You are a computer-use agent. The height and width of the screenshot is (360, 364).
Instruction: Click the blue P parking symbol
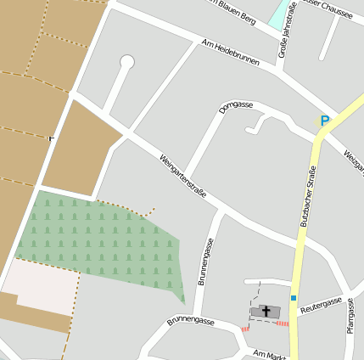pos(323,121)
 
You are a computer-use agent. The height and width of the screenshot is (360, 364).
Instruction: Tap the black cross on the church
pos(266,311)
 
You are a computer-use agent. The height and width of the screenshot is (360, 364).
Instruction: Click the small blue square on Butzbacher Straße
pos(294,298)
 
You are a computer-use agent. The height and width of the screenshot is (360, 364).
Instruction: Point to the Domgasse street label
pos(236,107)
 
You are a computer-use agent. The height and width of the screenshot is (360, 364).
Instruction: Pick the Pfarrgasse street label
pos(350,315)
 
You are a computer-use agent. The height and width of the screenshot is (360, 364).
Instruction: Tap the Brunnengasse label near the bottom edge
pos(190,320)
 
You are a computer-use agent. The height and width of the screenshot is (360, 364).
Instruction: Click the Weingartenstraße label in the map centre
pos(182,175)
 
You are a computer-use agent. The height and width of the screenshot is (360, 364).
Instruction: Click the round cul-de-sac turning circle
pos(127,61)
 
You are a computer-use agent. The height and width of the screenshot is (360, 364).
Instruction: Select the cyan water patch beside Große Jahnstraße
pos(277,14)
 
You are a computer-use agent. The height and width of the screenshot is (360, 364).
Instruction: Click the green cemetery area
pos(102,242)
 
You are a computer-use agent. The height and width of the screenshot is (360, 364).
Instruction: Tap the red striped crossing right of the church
pos(283,323)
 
